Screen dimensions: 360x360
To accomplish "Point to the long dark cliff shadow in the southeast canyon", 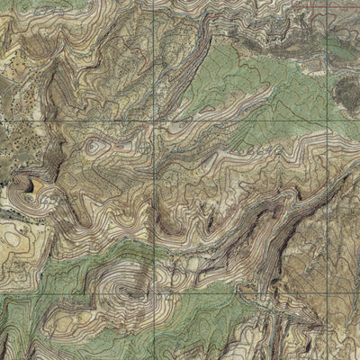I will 279,225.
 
